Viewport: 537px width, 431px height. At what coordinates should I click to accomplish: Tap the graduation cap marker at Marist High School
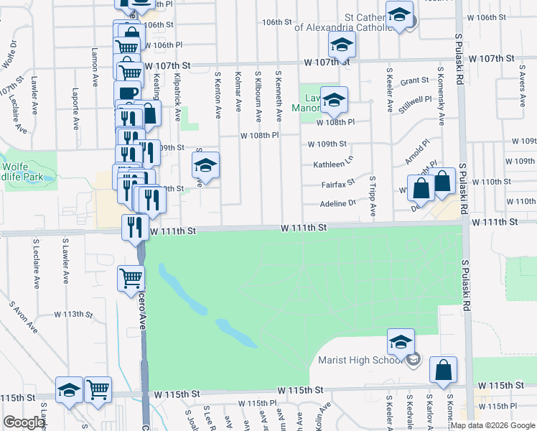(x=401, y=342)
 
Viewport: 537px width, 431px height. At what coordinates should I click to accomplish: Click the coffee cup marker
(x=128, y=94)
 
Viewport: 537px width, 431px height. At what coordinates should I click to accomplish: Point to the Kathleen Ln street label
(x=333, y=164)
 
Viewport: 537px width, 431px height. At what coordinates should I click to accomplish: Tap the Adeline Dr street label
(x=338, y=203)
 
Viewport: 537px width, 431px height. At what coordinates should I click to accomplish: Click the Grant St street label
(x=414, y=81)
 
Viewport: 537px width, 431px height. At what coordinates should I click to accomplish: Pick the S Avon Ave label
(x=23, y=316)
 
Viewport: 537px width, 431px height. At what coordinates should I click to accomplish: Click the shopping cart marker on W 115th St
(x=98, y=389)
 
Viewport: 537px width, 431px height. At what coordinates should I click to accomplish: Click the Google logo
(x=24, y=422)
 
